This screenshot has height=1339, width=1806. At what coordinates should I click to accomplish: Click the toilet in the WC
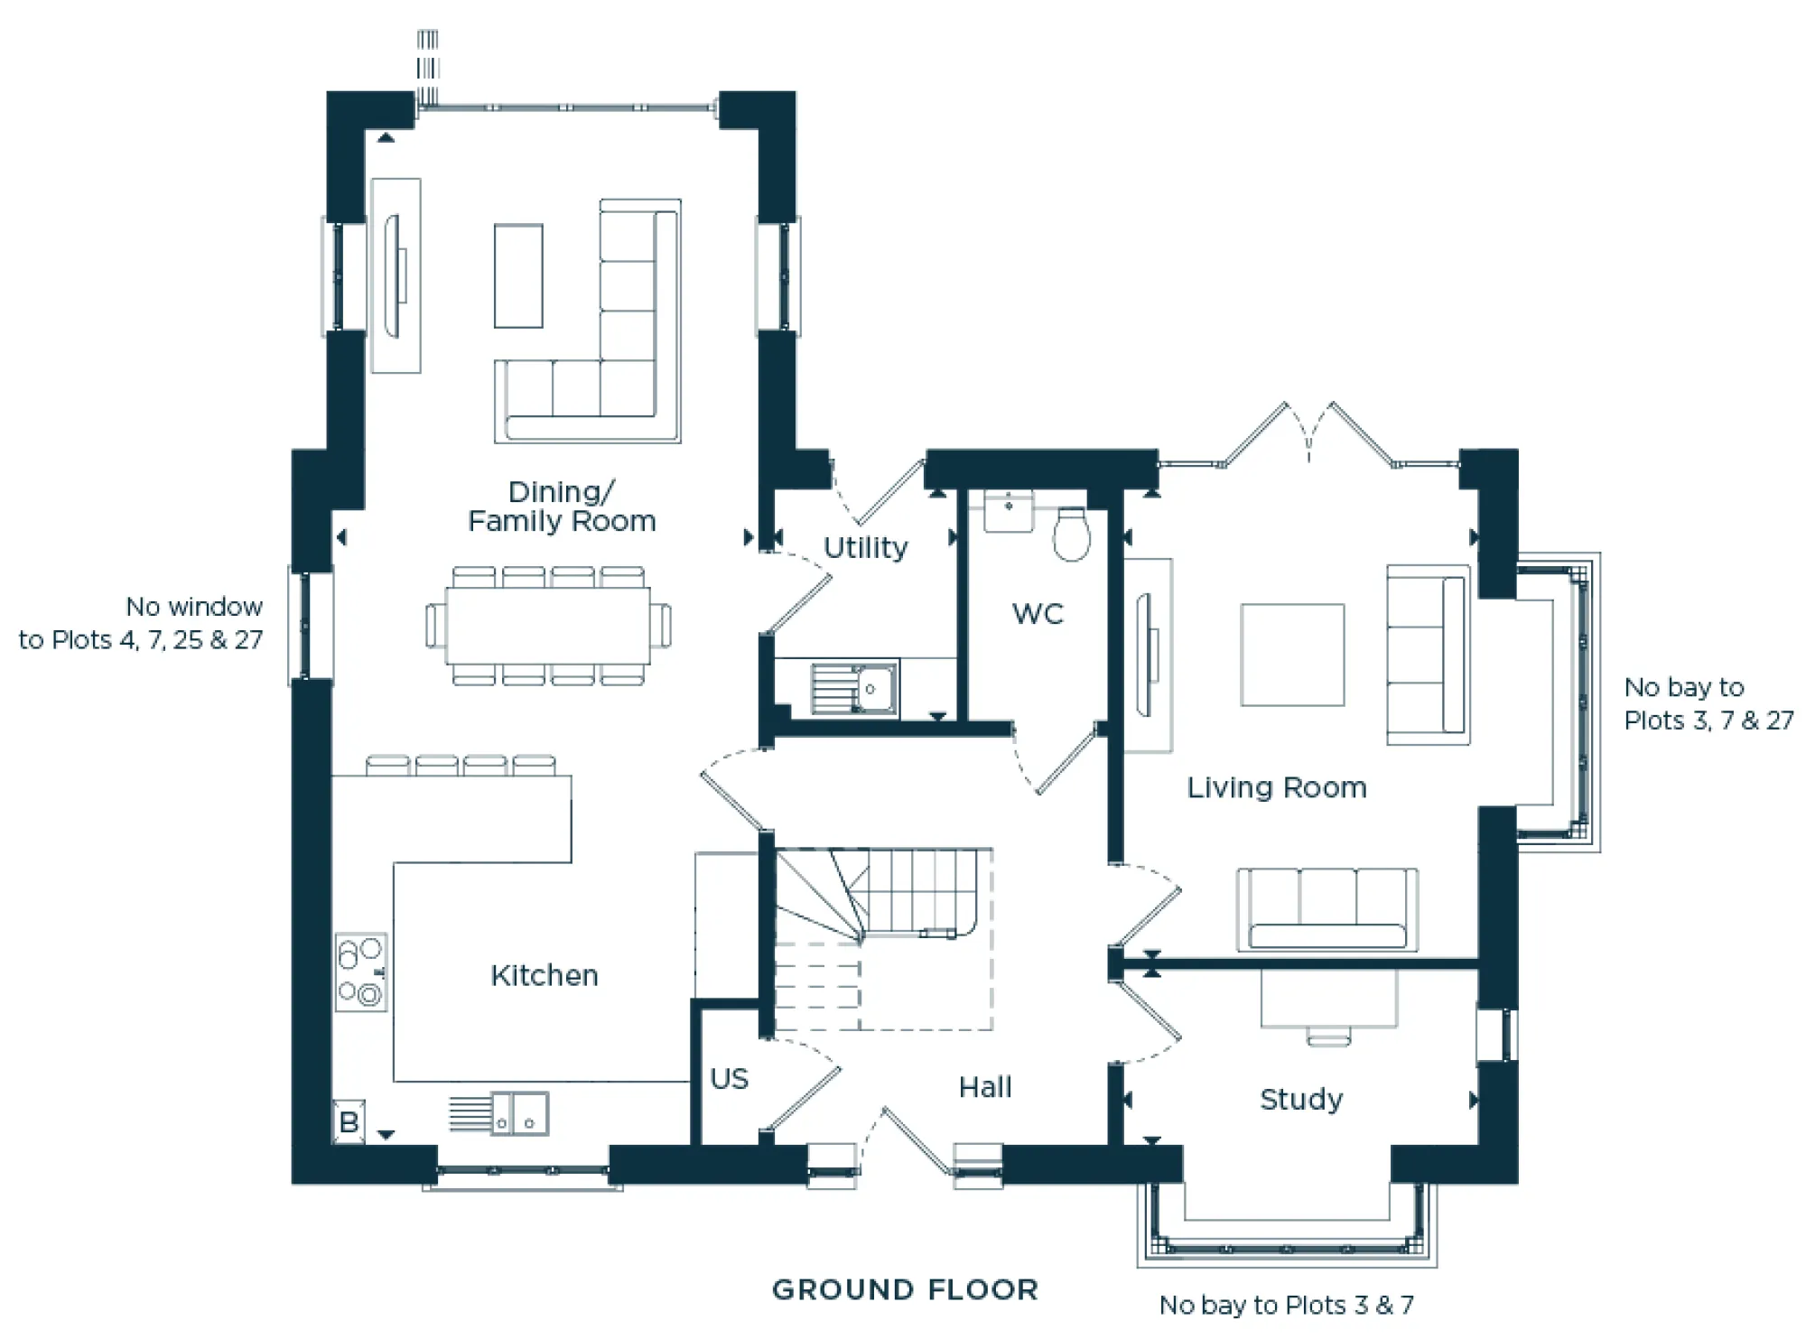1071,535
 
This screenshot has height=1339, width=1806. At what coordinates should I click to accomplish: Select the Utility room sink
853,689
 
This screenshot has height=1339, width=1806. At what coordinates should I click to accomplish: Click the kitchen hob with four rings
361,972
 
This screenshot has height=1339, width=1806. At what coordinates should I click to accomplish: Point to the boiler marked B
349,1122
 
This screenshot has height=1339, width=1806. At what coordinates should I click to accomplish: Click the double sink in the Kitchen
519,1114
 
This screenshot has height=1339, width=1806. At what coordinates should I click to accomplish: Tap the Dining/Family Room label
562,507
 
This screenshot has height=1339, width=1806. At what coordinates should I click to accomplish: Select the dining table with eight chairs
547,626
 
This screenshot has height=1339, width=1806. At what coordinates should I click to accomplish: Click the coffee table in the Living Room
1291,655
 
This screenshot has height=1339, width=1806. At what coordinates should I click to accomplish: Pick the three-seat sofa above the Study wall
1327,910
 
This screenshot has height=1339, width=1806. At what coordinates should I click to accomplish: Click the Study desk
1328,999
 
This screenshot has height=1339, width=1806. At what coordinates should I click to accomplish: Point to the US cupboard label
729,1078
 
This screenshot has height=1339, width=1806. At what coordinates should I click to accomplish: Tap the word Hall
985,1087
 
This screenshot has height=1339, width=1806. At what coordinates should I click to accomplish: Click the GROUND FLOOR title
905,1289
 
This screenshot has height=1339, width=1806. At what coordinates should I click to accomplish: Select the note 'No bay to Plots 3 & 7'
1286,1305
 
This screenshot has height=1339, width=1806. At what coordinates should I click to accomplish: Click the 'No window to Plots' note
142,623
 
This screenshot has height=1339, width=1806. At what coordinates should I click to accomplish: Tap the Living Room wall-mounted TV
1147,655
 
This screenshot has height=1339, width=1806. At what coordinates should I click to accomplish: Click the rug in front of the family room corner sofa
518,275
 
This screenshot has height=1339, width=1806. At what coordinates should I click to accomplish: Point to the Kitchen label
545,975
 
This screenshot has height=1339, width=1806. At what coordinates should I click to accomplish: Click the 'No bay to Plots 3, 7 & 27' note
1707,703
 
